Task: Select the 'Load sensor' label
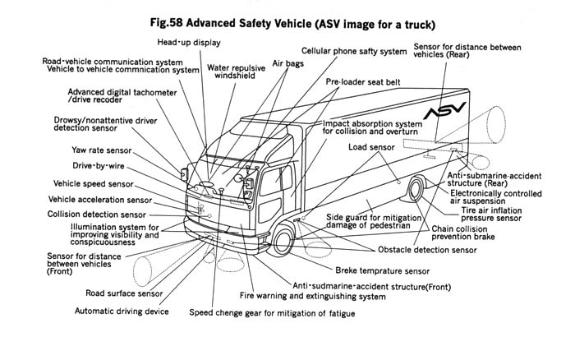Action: pyautogui.click(x=370, y=147)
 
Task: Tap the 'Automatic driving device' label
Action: pyautogui.click(x=122, y=312)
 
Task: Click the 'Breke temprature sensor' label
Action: pyautogui.click(x=383, y=270)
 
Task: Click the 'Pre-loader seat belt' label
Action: pyautogui.click(x=364, y=83)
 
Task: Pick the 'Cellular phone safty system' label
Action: pyautogui.click(x=353, y=51)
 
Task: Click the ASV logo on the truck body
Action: pyautogui.click(x=444, y=113)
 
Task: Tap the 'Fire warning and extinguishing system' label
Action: pyautogui.click(x=312, y=296)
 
